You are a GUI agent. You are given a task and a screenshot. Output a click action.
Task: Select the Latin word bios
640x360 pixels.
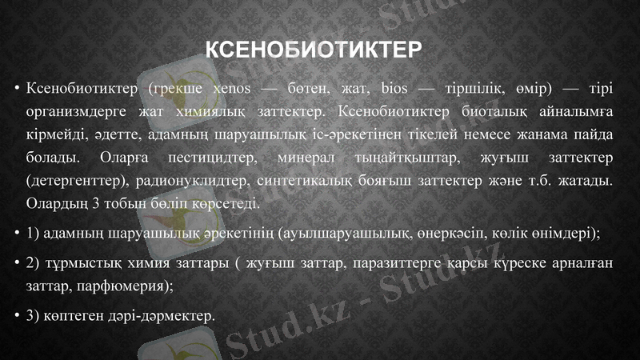click(396, 86)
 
